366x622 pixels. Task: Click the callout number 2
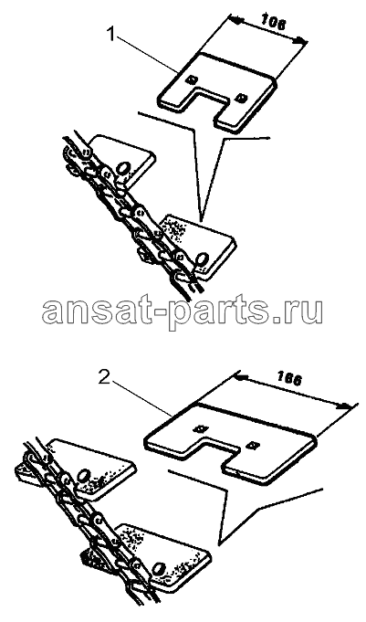104,378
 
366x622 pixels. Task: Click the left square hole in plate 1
192,79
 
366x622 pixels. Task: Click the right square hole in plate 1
240,97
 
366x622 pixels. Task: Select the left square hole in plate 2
201,428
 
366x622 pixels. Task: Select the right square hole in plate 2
251,446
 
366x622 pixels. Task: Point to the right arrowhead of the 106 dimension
302,40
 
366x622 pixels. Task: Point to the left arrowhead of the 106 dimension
235,20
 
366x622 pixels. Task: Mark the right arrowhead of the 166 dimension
346,406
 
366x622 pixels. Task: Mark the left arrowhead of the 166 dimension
242,375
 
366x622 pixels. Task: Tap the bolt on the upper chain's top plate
121,167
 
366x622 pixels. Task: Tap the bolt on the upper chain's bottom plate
202,259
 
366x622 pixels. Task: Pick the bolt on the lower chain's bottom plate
159,567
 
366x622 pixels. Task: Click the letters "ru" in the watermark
303,311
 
